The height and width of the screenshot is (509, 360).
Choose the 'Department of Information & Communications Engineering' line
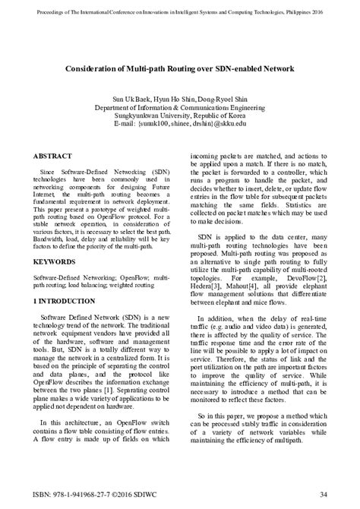tap(180, 109)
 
